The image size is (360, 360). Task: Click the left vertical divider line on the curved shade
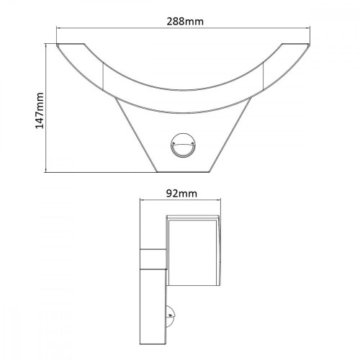pos(105,74)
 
